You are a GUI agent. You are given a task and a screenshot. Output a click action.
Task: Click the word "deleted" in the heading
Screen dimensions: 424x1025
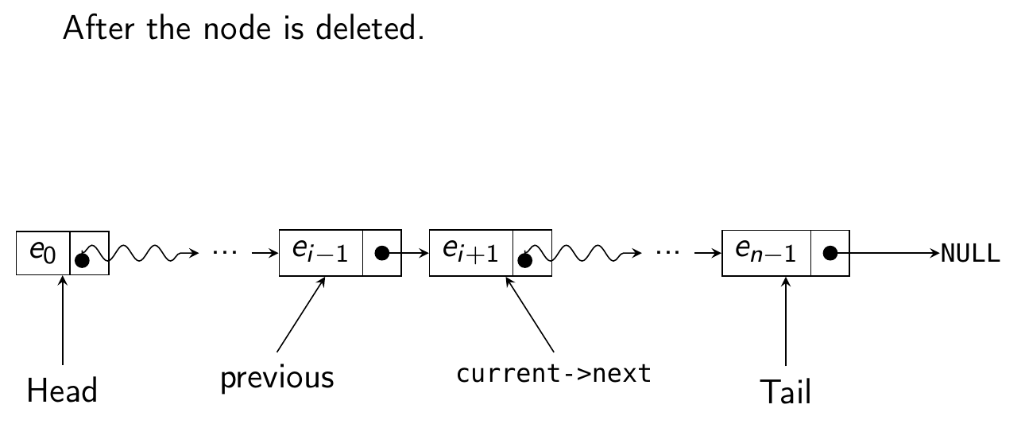(377, 29)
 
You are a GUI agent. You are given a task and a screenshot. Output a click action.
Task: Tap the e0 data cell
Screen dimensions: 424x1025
(43, 253)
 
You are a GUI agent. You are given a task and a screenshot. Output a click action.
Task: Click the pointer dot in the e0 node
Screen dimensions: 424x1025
(83, 259)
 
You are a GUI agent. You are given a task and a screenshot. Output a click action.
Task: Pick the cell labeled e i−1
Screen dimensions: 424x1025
(321, 253)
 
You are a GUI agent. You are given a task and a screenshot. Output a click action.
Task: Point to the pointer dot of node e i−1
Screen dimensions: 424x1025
(381, 253)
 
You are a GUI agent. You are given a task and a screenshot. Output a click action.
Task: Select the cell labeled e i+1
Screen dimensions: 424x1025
(470, 253)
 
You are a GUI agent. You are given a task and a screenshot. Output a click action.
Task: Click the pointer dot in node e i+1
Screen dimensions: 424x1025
(524, 259)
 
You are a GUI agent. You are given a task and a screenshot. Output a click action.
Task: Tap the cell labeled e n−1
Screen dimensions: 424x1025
(766, 253)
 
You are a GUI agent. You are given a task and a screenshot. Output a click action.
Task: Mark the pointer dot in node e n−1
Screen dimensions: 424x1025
(830, 253)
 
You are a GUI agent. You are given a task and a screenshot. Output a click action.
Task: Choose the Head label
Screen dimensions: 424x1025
(62, 391)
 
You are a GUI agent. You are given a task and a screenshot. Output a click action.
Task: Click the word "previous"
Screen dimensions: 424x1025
(277, 377)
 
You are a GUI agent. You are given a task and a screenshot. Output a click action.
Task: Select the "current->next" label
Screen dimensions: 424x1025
(554, 373)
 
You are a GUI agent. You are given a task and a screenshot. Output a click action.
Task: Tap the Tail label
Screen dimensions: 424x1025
(785, 391)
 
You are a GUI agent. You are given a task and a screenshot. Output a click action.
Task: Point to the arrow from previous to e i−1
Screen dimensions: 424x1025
(301, 314)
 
